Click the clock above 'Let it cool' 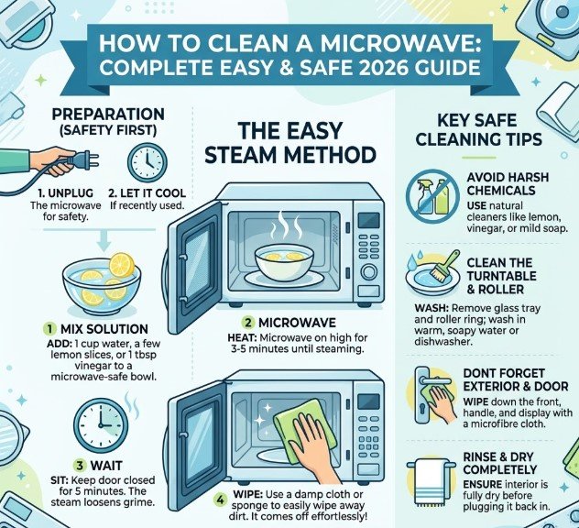[x=147, y=163]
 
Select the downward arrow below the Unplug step [x=104, y=242]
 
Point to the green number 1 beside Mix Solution [x=49, y=328]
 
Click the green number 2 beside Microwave [x=248, y=323]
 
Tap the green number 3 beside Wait [x=80, y=466]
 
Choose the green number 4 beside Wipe [x=220, y=500]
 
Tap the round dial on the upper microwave [x=369, y=272]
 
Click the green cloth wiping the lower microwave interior [x=305, y=430]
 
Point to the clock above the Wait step [x=101, y=424]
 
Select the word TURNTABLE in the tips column [x=501, y=276]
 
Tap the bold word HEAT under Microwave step [x=242, y=337]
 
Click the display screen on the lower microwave [x=368, y=401]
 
